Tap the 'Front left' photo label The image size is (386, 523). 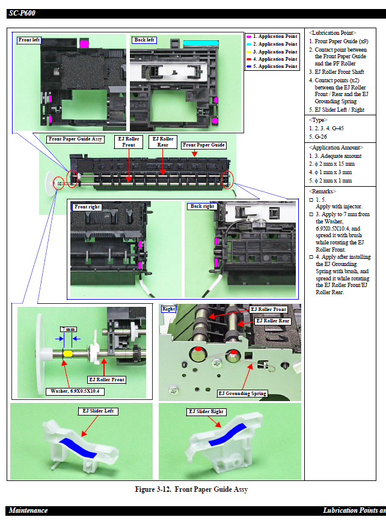click(x=29, y=40)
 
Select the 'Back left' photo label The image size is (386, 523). click(x=144, y=40)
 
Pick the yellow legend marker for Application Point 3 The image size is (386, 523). click(x=249, y=52)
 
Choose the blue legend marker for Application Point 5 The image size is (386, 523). click(x=249, y=67)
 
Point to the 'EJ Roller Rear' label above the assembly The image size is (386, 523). click(x=163, y=142)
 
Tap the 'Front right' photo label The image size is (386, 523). click(x=87, y=207)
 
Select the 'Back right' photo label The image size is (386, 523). click(x=202, y=207)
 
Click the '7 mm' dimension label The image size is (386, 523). click(x=68, y=329)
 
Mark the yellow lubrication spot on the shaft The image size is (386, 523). click(x=68, y=354)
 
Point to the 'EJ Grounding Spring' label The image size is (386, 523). click(x=242, y=393)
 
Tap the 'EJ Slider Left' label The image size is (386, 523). click(x=99, y=411)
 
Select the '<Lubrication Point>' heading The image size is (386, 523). click(x=332, y=32)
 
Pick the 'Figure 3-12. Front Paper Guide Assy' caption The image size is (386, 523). click(x=191, y=489)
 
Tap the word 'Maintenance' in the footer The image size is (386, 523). click(x=28, y=510)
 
